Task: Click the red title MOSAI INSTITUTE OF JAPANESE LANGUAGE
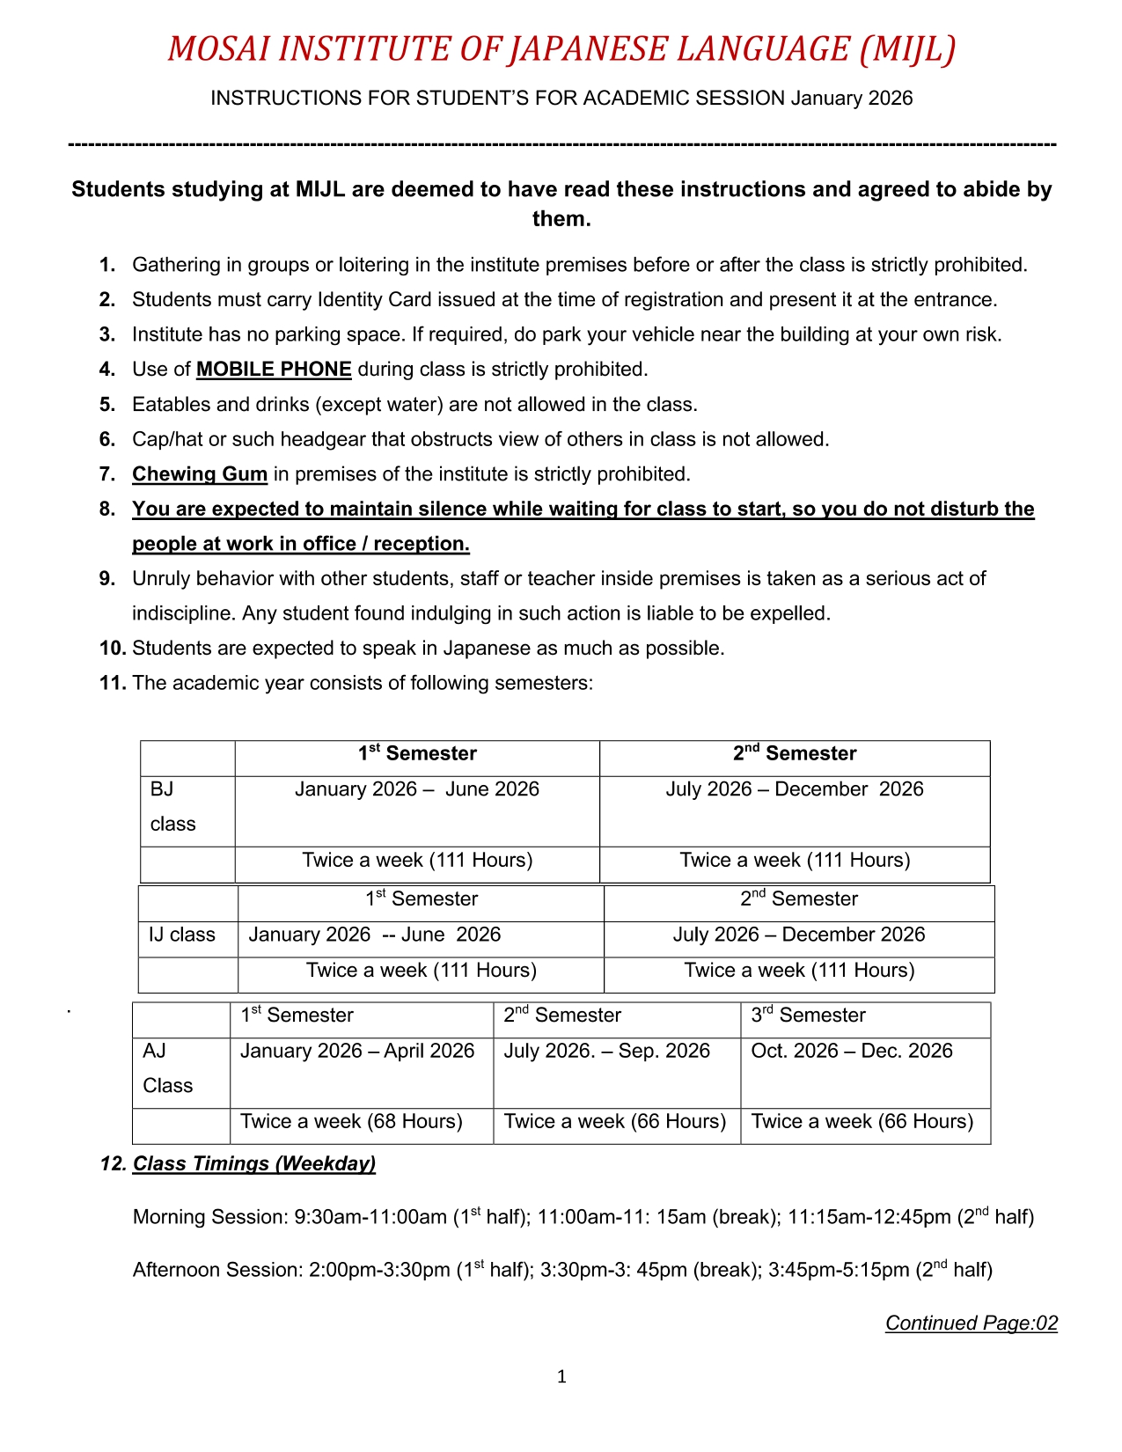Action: (x=561, y=48)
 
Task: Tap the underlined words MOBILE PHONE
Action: (x=274, y=370)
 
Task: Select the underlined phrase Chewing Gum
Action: (x=200, y=474)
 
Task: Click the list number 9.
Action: (x=107, y=579)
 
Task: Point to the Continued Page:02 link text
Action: (x=971, y=1324)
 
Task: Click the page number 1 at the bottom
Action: (x=561, y=1377)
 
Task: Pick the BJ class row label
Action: (x=172, y=807)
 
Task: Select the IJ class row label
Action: (x=182, y=935)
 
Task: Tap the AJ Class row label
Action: (x=167, y=1068)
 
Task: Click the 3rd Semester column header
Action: (x=808, y=1016)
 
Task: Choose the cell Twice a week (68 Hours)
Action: (x=351, y=1122)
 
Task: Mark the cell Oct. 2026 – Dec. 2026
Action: (x=851, y=1051)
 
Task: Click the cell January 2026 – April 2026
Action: (x=357, y=1051)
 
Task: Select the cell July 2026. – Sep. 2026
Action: (x=606, y=1051)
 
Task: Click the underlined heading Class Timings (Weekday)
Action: (x=253, y=1164)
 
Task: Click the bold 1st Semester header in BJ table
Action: (x=417, y=754)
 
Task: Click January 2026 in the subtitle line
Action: (x=851, y=99)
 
